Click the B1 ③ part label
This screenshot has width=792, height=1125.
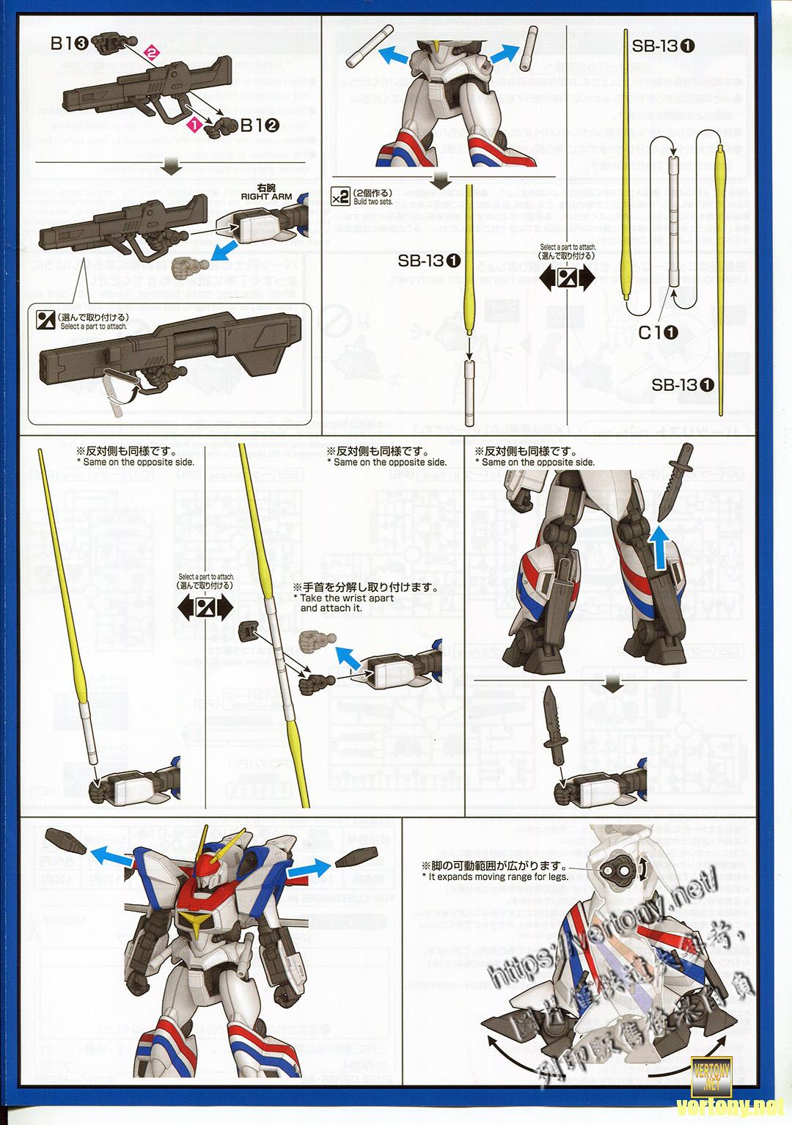pos(70,43)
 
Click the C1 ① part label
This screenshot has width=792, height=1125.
pos(659,332)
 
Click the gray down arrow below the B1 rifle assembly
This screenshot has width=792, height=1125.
pos(174,167)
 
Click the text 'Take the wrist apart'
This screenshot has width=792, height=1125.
pos(347,598)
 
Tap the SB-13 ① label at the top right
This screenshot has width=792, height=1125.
pos(664,45)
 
